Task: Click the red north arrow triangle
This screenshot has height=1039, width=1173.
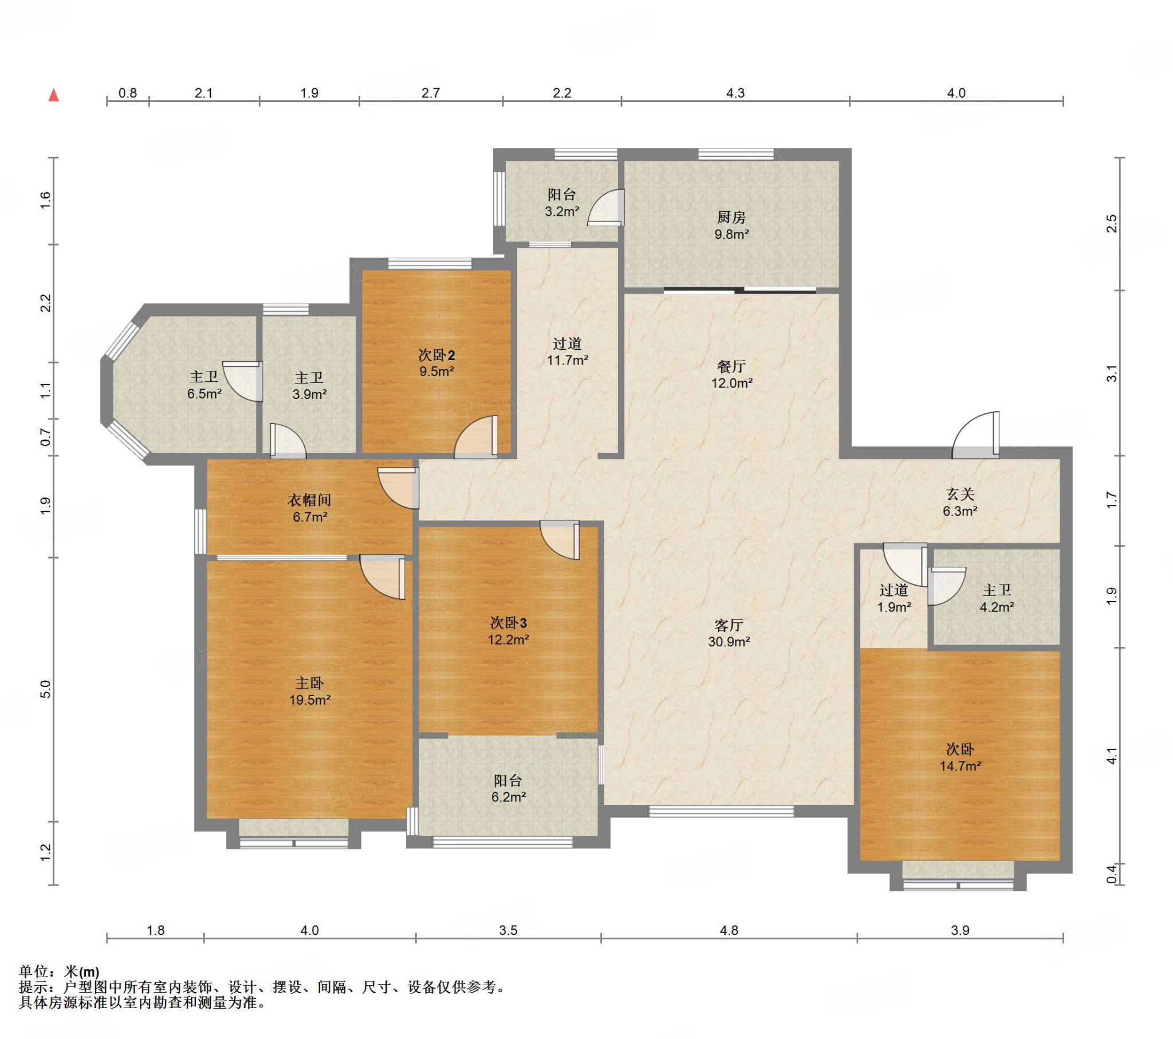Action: point(53,94)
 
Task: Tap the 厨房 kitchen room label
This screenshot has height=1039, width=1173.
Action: point(731,218)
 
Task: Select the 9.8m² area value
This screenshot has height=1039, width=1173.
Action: point(731,234)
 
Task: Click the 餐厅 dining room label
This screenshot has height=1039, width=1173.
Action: point(731,366)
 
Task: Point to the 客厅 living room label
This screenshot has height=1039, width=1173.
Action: point(729,625)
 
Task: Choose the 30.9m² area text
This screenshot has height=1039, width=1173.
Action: point(729,641)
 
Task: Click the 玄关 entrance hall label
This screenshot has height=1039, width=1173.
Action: point(960,494)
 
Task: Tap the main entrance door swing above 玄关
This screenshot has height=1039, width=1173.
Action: point(975,436)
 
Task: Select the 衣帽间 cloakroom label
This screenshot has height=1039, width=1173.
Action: point(309,500)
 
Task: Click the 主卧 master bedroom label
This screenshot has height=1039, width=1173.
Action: point(309,683)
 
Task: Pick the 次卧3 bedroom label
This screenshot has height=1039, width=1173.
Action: point(509,622)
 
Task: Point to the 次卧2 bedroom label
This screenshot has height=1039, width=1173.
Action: point(436,354)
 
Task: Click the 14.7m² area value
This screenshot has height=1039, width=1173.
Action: point(960,765)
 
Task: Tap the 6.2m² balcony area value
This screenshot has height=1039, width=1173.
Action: point(509,797)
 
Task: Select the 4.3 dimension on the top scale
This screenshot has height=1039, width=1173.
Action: point(735,93)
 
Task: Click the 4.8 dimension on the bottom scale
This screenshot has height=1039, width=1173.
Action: point(729,930)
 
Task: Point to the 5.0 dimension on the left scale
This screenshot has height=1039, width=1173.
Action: point(46,689)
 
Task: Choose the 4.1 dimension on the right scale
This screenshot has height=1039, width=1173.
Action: point(1112,756)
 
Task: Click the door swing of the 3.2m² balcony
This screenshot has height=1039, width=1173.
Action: point(606,208)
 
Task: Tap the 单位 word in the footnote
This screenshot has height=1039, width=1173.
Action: point(33,971)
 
